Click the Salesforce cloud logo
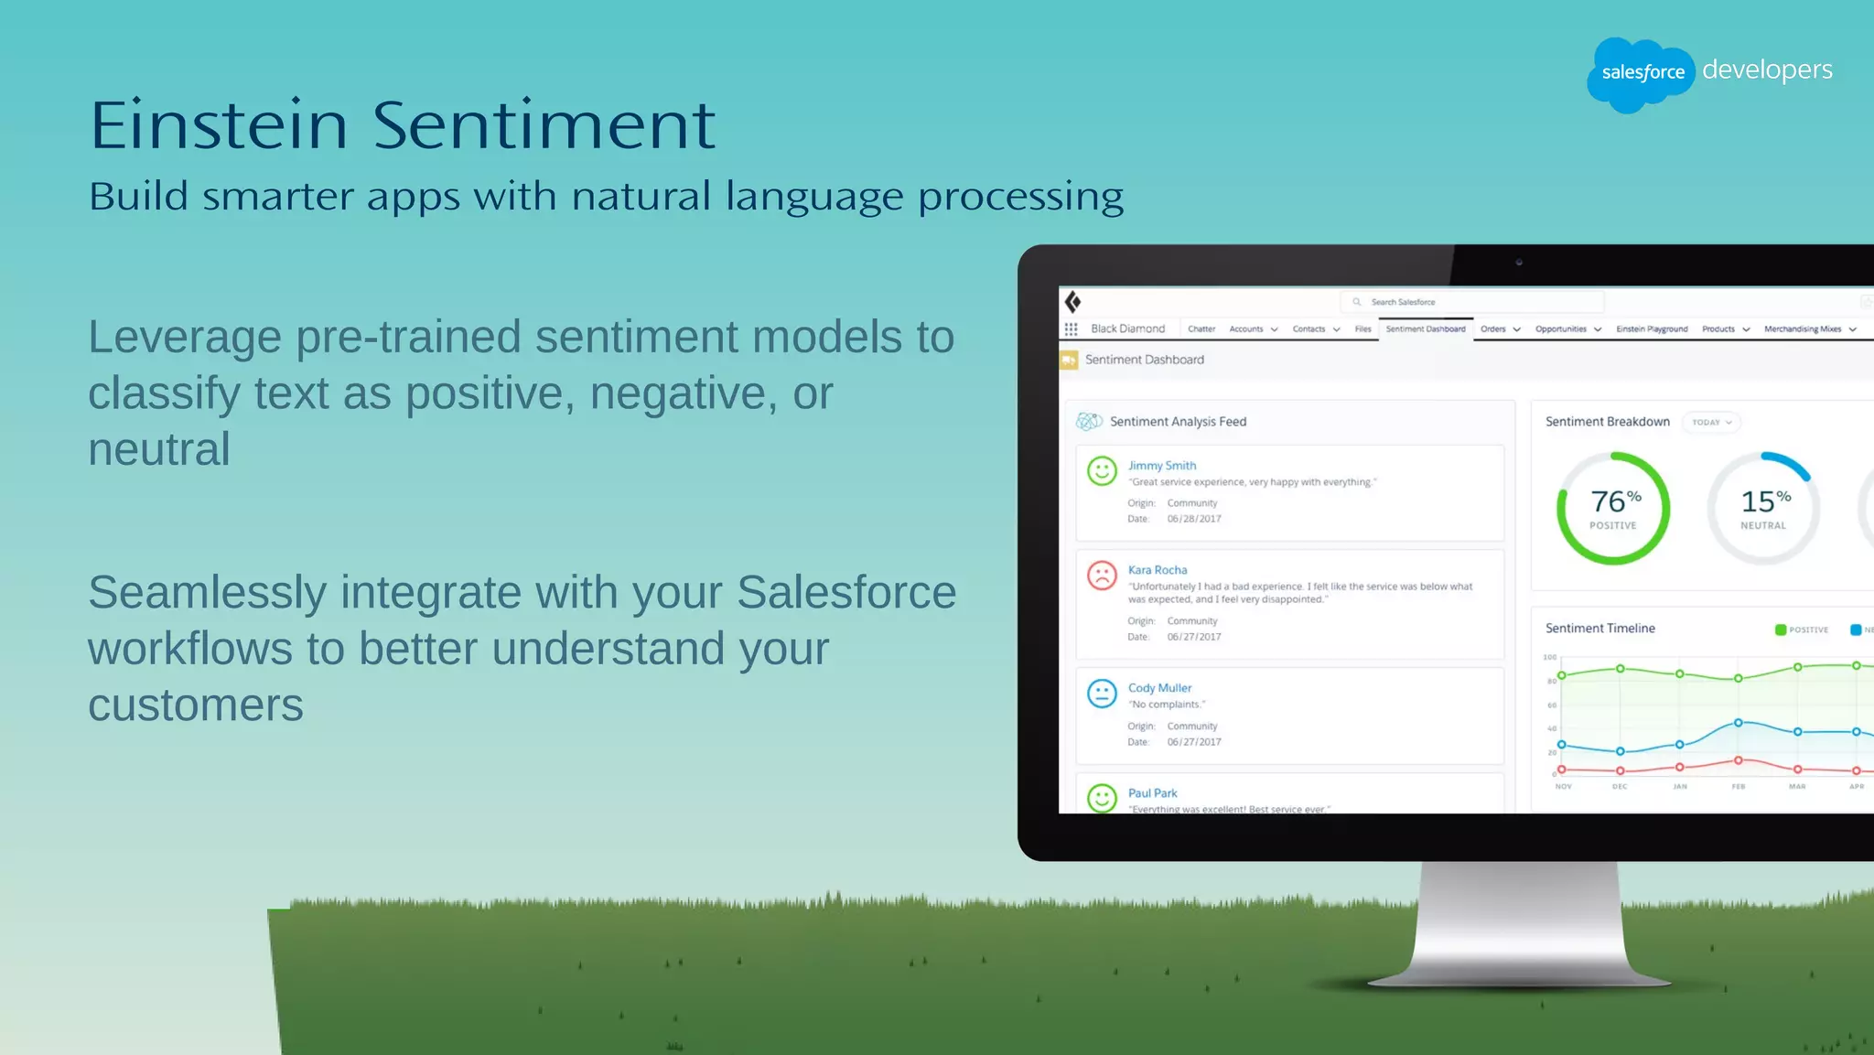pos(1641,73)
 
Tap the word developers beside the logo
pos(1767,70)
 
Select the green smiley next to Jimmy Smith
pos(1102,471)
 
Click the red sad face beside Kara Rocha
pos(1102,576)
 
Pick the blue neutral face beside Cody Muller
pos(1102,694)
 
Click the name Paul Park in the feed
pos(1152,793)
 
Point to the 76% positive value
pos(1614,501)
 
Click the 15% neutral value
pos(1764,501)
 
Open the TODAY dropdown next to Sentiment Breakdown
pos(1711,422)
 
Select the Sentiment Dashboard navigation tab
pos(1425,328)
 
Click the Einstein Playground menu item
pos(1652,328)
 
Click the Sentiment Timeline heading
pos(1599,628)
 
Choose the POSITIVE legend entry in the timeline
pos(1802,630)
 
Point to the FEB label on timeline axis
pos(1738,786)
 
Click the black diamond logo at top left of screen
pos(1073,302)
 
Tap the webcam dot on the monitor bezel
pos(1519,263)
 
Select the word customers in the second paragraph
pos(196,705)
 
